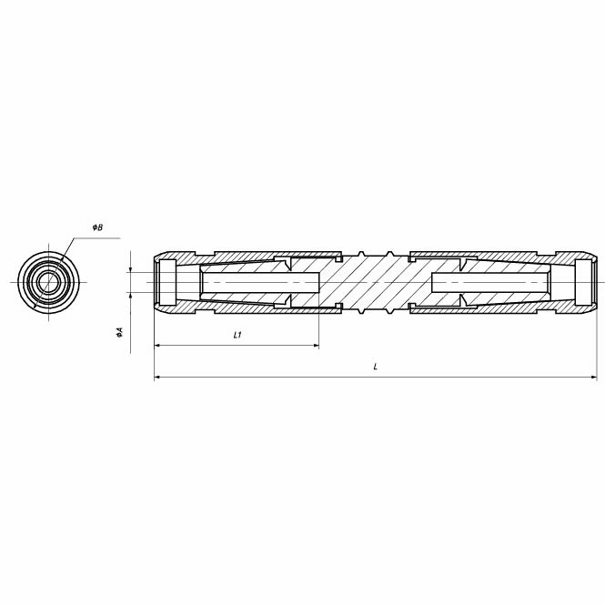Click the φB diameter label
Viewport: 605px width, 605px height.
click(x=97, y=227)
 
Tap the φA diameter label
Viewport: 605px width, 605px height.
click(x=119, y=333)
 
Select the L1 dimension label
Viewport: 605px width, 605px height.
click(x=237, y=335)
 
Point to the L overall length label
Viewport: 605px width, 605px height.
click(x=376, y=366)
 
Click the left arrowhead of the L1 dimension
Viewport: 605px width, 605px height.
click(x=157, y=346)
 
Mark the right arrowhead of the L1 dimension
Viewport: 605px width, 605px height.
click(x=316, y=346)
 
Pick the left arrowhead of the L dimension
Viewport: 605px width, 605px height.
click(x=157, y=377)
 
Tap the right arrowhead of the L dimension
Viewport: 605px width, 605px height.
click(x=593, y=377)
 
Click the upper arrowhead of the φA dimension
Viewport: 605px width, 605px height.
click(x=131, y=269)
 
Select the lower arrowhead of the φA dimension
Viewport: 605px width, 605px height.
click(x=131, y=295)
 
